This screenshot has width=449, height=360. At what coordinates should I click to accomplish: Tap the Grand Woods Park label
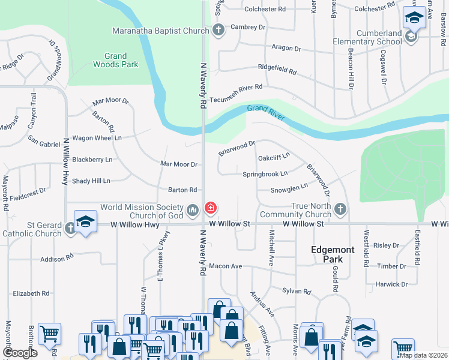tap(116, 60)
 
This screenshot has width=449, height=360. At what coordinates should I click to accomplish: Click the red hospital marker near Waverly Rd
tap(211, 209)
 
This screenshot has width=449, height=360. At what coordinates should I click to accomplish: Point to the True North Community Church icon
tap(340, 209)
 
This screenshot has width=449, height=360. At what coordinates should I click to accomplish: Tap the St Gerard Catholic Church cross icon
tap(71, 228)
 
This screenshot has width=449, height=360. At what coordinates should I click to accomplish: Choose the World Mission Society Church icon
tap(193, 209)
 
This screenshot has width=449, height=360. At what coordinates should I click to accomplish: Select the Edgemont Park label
tap(327, 254)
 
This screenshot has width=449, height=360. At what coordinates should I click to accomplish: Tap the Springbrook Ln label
tap(265, 174)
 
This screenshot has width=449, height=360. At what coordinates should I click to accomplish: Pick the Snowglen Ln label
tap(289, 188)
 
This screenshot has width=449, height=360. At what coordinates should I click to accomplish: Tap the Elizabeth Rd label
tap(31, 293)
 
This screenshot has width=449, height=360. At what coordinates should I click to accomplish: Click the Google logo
tap(20, 353)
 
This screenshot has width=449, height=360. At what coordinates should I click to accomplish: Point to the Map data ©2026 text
tap(423, 355)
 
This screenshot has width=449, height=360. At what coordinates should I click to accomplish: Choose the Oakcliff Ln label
tap(274, 157)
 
